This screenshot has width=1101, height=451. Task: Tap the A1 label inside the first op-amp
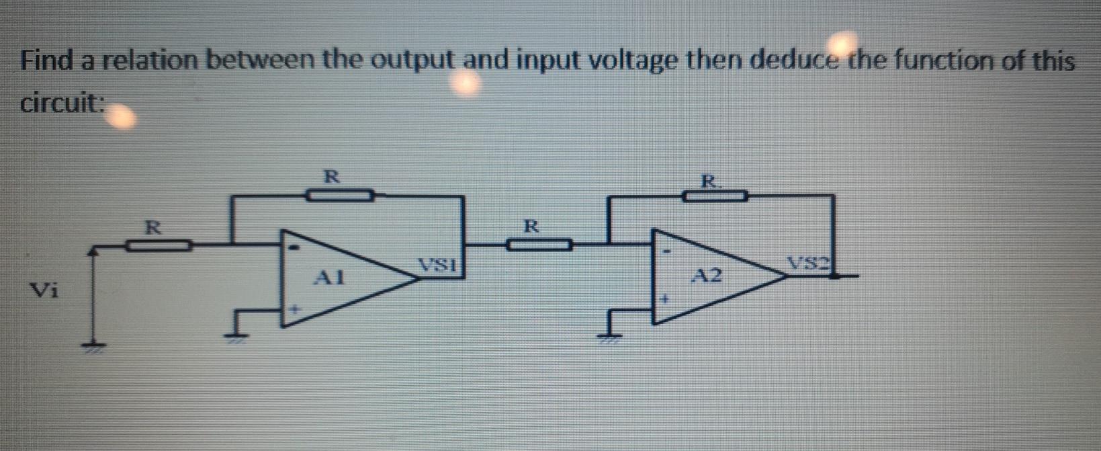click(331, 276)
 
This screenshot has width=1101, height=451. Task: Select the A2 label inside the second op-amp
click(708, 276)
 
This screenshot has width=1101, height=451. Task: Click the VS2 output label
click(809, 263)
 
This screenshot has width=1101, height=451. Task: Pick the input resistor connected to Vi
click(159, 246)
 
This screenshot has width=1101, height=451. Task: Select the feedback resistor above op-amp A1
click(340, 196)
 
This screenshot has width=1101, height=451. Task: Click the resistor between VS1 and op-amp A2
click(539, 245)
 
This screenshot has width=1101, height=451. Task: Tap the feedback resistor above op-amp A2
click(715, 196)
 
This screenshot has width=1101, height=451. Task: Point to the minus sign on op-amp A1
click(294, 247)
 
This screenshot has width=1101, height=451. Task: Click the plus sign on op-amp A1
click(294, 310)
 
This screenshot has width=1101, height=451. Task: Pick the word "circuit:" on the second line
click(62, 104)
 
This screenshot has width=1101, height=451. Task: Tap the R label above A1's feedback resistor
click(331, 177)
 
